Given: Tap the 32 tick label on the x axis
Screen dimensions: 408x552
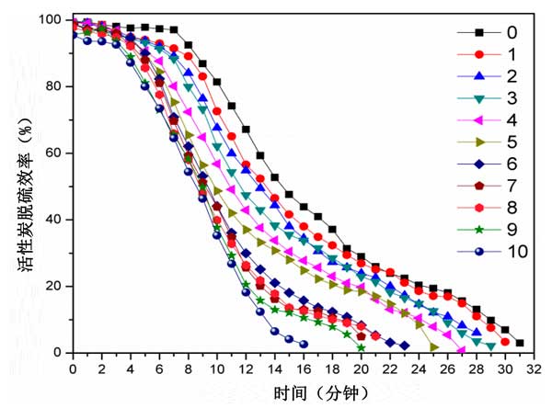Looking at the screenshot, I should (534, 368).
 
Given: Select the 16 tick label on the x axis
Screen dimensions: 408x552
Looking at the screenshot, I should (303, 368).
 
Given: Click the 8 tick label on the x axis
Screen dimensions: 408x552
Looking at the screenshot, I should (188, 368).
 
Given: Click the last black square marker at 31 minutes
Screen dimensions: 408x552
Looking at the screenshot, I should (520, 343).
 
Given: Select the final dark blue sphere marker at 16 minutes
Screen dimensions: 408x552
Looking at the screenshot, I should (304, 344).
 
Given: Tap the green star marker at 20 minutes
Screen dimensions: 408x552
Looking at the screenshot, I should (361, 347).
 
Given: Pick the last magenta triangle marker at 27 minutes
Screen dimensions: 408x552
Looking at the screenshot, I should (461, 350).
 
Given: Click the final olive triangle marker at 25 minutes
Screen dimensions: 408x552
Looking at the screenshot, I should (432, 346).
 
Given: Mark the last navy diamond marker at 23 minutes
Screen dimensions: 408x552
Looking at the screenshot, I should (404, 346).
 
